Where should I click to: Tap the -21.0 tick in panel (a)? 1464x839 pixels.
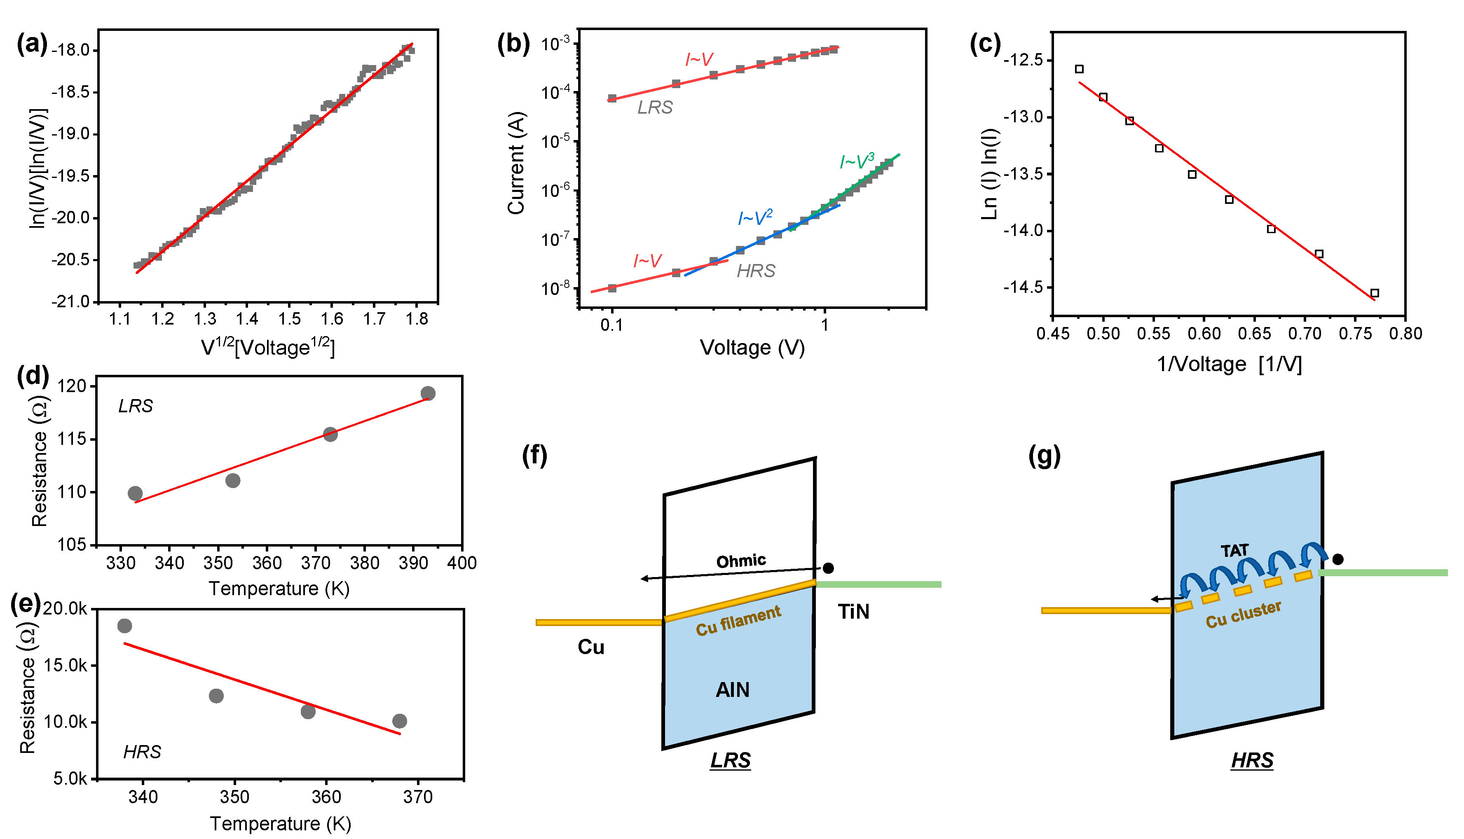pos(70,301)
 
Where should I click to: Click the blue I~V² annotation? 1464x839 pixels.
pos(754,217)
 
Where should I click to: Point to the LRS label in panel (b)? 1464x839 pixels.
pos(655,107)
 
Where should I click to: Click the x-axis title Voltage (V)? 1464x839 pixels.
pos(752,348)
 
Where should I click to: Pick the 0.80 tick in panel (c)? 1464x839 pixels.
pos(1405,333)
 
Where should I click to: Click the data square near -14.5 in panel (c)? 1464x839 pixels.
pos(1374,293)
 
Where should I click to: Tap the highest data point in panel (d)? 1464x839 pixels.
pos(428,394)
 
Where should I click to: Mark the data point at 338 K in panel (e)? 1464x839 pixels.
pos(124,626)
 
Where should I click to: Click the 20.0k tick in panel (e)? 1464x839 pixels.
pos(65,608)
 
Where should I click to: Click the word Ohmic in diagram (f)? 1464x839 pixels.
pos(740,561)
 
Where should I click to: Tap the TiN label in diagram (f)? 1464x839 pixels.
pos(853,611)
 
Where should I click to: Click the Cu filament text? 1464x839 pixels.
pos(738,621)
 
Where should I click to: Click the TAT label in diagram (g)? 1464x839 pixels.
pos(1234,551)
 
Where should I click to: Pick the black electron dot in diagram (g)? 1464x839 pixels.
pos(1338,559)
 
